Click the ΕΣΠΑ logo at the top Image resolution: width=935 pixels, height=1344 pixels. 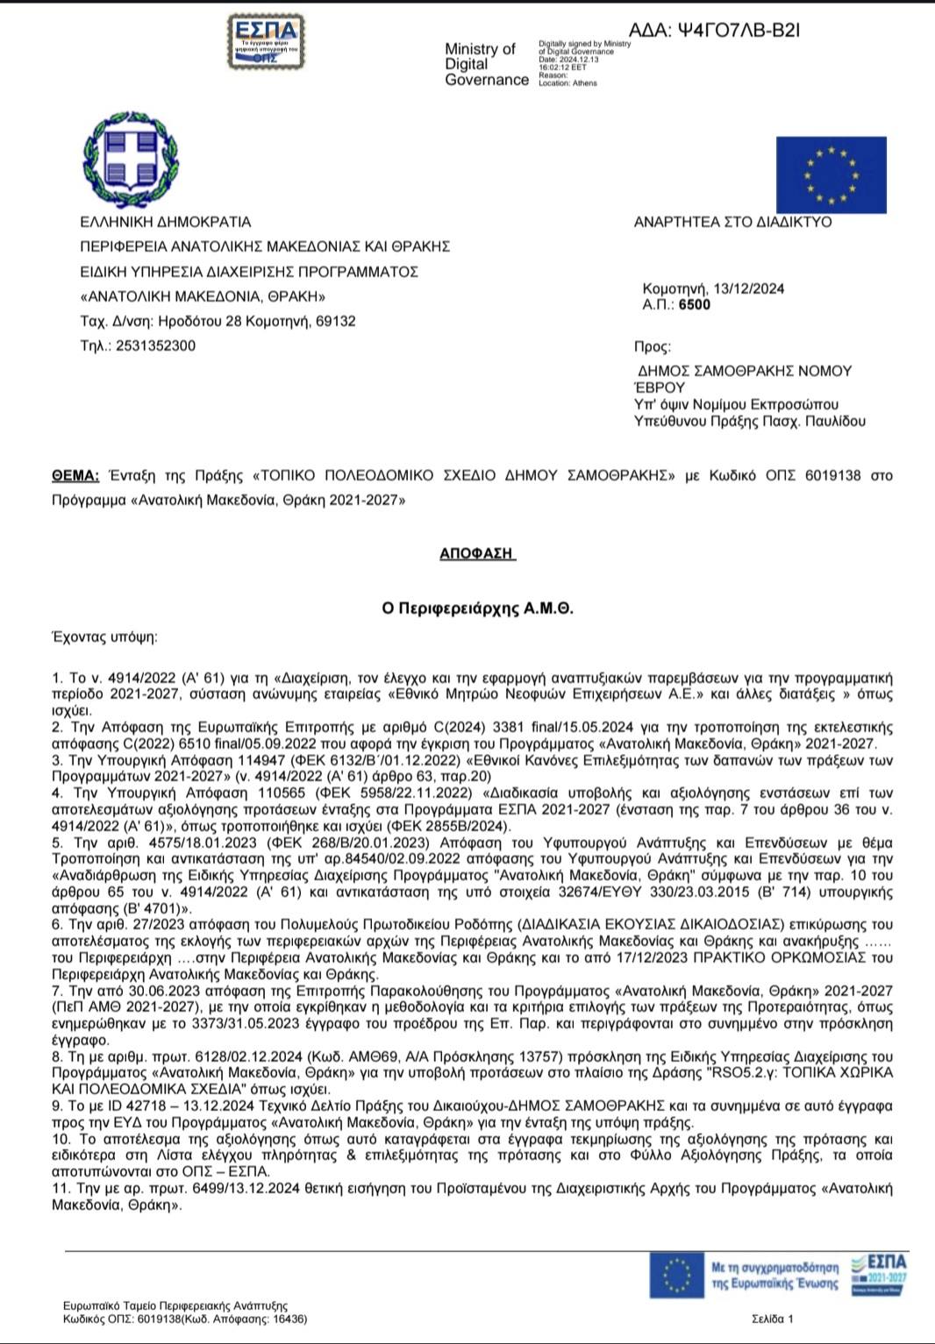tap(265, 41)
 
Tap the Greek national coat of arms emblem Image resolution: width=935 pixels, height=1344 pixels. tap(130, 160)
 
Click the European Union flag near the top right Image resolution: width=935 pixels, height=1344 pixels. tap(831, 174)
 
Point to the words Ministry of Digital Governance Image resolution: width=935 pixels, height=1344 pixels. tap(486, 64)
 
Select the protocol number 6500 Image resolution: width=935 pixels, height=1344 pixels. tap(695, 305)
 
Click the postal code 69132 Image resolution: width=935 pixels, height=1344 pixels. tap(335, 321)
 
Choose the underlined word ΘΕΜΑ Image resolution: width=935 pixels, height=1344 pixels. tap(75, 476)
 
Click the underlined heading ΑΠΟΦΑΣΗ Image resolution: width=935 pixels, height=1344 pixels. tap(476, 553)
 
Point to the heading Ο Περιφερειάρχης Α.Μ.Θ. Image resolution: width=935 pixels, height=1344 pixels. tap(477, 608)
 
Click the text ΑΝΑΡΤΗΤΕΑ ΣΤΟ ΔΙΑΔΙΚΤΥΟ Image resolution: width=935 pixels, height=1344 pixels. tap(732, 222)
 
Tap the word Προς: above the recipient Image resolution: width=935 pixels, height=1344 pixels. tap(653, 347)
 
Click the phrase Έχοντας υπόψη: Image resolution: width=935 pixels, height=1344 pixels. tap(104, 636)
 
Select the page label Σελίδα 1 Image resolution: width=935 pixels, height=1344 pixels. tap(772, 1319)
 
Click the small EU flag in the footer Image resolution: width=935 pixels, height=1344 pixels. tap(676, 1276)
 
